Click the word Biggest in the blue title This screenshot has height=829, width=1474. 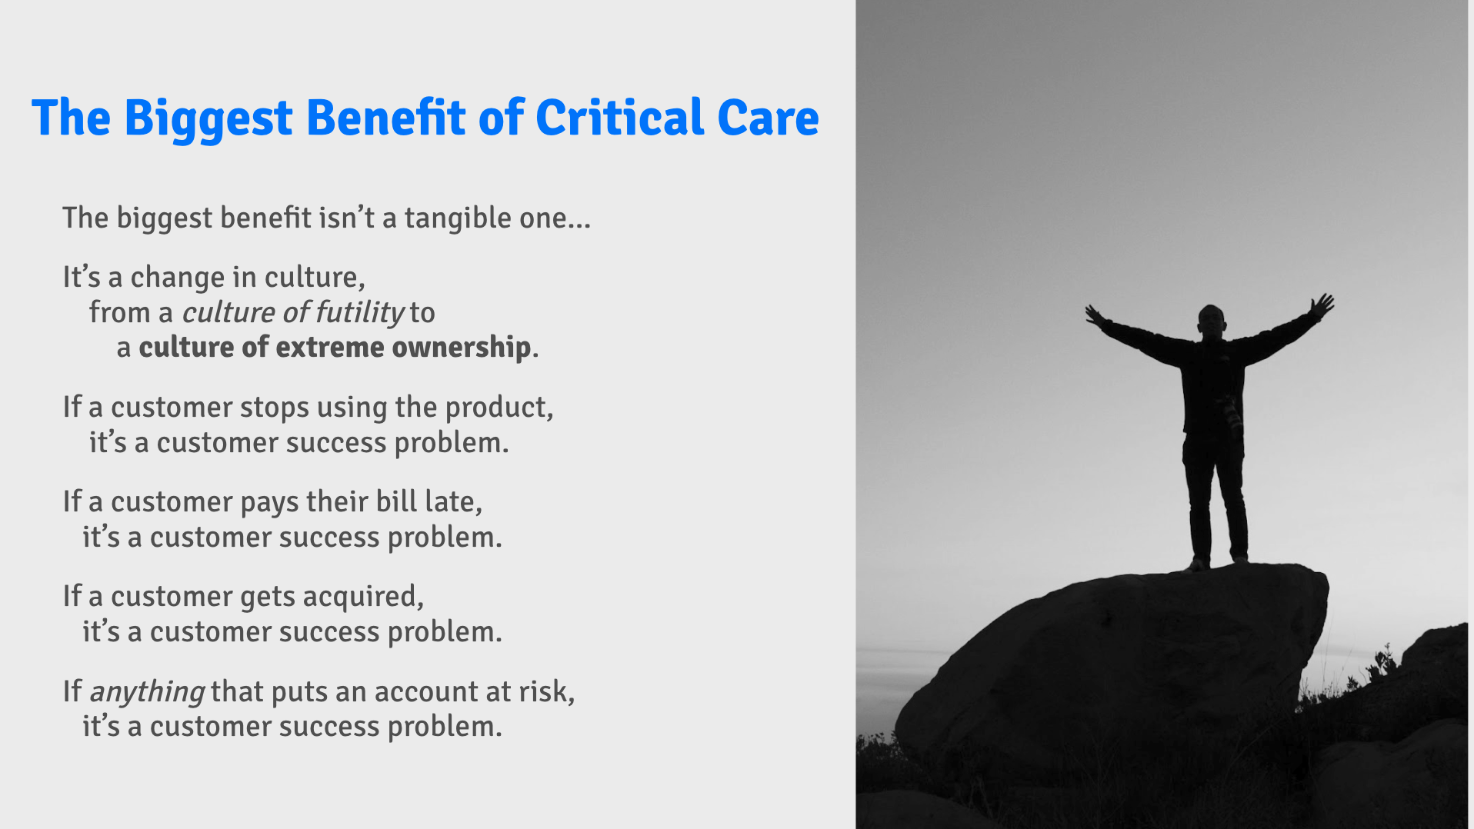pyautogui.click(x=208, y=118)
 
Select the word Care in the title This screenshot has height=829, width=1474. pyautogui.click(x=768, y=118)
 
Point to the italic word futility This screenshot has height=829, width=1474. pyautogui.click(x=359, y=312)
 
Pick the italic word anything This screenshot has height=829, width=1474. pyautogui.click(x=147, y=692)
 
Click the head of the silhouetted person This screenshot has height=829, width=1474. pyautogui.click(x=1211, y=321)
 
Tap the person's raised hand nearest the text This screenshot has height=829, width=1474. pyautogui.click(x=1094, y=315)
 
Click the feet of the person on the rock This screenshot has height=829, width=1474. pyautogui.click(x=1217, y=563)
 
